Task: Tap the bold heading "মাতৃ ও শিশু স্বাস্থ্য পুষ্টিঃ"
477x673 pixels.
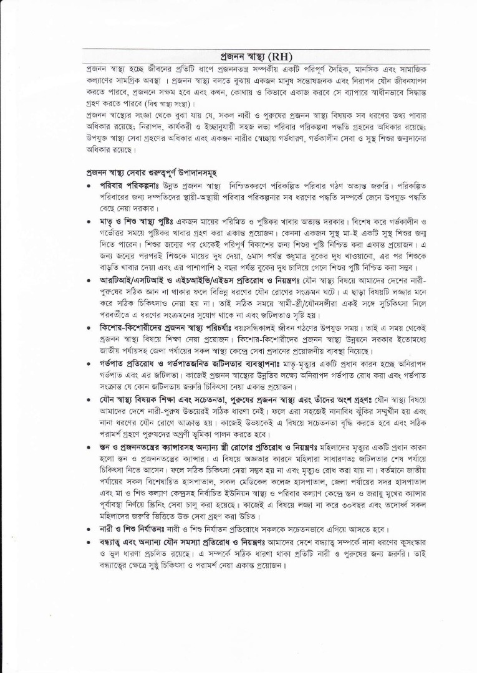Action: point(138,221)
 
